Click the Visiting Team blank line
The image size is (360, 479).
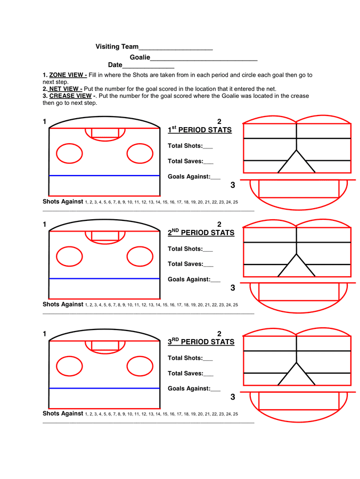click(176, 48)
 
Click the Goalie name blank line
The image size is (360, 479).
click(203, 59)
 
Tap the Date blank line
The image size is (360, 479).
click(148, 67)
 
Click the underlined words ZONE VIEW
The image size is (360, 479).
click(68, 76)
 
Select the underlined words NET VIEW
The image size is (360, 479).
click(66, 89)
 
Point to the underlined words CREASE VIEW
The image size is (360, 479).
click(71, 96)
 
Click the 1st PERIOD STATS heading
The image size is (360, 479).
click(200, 130)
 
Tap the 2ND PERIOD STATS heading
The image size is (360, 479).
click(201, 233)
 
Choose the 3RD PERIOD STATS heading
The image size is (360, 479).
click(201, 342)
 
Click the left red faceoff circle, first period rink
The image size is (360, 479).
click(69, 154)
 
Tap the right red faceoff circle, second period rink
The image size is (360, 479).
click(140, 257)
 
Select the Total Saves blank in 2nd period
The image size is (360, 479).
click(208, 265)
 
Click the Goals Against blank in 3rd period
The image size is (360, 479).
click(216, 390)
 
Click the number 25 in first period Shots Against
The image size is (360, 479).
click(235, 202)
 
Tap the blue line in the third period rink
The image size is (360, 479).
click(104, 389)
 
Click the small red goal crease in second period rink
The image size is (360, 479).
click(105, 236)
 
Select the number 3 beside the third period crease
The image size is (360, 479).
click(233, 397)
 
